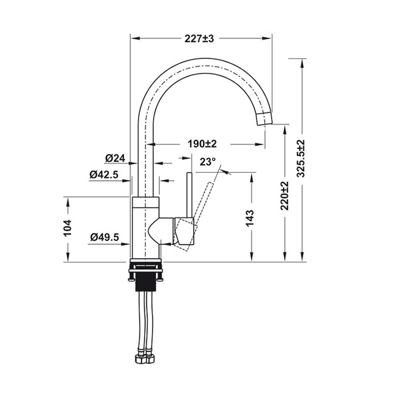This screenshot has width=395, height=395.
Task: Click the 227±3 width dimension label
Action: coord(199,38)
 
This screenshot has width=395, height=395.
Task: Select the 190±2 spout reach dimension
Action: coord(202,144)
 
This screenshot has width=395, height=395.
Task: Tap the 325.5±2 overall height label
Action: coord(301,158)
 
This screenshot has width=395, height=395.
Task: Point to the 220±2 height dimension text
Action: coord(284,196)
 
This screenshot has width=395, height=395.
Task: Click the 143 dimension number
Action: coord(250,218)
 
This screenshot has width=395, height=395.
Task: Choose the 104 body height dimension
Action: coord(67,228)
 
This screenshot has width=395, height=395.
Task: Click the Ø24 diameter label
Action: coord(115,158)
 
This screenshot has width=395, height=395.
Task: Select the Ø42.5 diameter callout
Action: coord(104,174)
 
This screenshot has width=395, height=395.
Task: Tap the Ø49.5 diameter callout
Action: coord(105,237)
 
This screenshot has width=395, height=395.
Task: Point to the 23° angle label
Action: coord(208,162)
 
